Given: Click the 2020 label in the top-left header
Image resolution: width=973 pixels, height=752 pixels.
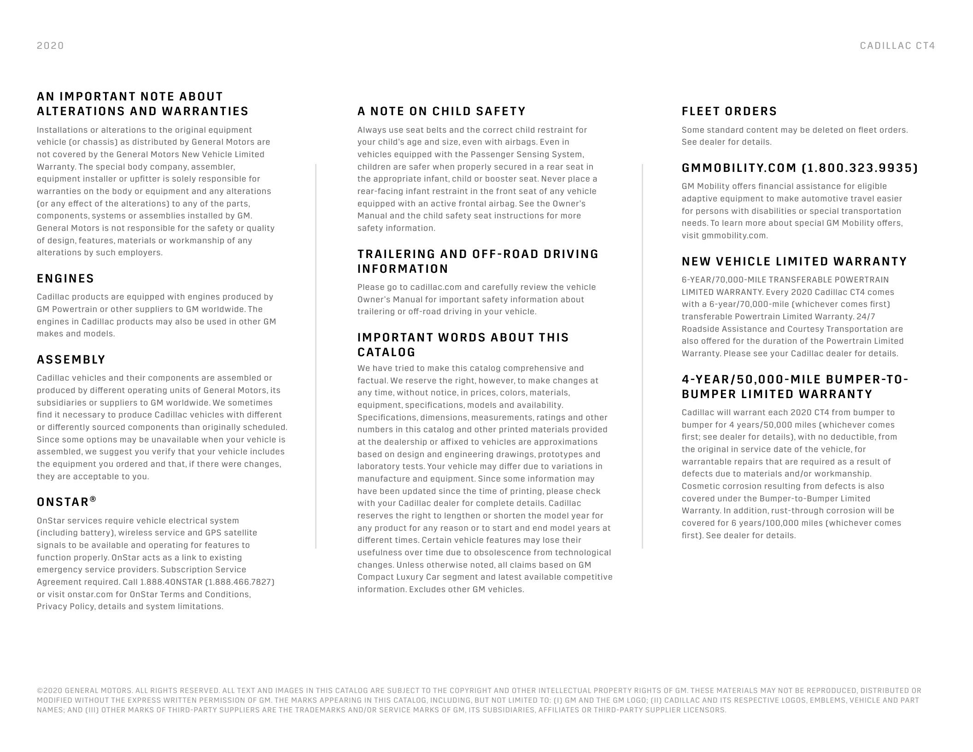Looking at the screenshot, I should point(50,46).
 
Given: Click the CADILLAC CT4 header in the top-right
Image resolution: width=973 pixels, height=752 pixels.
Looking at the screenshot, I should point(897,46).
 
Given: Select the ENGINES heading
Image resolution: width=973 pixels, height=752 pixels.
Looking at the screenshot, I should point(65,278).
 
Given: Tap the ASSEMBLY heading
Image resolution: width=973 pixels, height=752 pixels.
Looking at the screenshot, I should point(71,359).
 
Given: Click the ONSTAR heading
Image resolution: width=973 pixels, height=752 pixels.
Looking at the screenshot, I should point(63,502).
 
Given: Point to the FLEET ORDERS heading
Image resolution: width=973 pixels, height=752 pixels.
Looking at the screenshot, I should point(729,111).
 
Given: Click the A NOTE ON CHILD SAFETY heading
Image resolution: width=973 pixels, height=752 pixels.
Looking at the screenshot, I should point(441,111).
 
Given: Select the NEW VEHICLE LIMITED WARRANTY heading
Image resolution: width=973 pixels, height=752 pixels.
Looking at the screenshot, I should point(794,261).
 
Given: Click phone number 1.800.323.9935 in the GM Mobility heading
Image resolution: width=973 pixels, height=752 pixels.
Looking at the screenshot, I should point(860,168).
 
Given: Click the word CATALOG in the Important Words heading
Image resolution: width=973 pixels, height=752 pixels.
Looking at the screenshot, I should point(386,352).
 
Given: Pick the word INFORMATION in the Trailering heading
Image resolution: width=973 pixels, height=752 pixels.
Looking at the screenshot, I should point(403,269).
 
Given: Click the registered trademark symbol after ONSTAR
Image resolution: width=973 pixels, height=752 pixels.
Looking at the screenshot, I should point(93,499).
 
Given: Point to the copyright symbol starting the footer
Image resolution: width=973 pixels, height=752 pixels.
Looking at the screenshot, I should point(39,691).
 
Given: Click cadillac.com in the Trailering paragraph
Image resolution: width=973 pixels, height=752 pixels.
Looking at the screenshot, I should point(435,287).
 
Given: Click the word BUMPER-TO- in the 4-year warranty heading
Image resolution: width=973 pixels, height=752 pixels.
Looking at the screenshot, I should point(867,379).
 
